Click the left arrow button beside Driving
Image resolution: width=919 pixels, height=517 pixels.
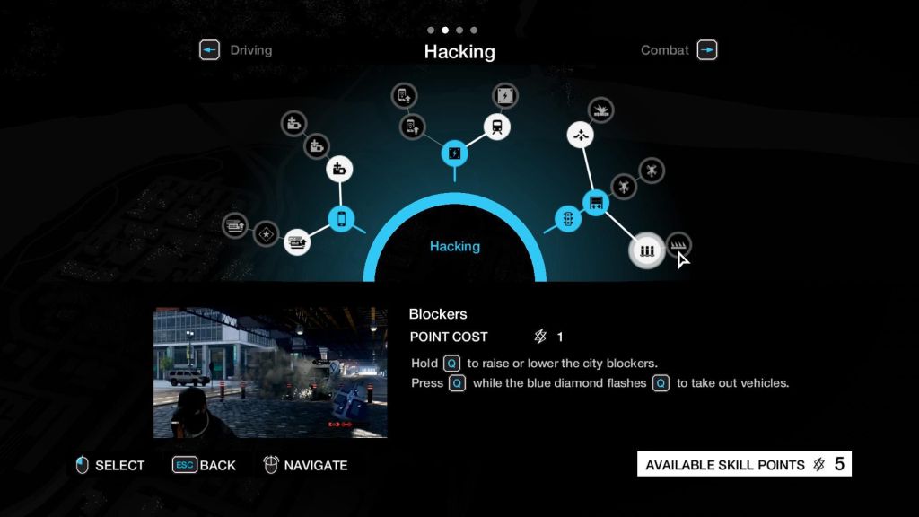pos(209,50)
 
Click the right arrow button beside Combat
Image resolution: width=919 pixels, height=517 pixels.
pos(707,50)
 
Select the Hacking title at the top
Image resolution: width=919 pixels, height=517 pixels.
pos(459,51)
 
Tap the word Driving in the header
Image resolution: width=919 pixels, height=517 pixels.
pos(251,50)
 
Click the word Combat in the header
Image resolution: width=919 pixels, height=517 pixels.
pos(665,50)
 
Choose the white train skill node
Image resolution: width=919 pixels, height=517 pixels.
pos(497,127)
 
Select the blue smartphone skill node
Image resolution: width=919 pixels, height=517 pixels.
pos(341,219)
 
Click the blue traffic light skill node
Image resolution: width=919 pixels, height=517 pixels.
pos(568,219)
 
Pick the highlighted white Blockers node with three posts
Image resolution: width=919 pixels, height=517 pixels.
pos(646,251)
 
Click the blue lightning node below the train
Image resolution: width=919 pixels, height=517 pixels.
pos(455,153)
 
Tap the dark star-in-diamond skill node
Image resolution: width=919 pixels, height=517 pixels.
pos(266,234)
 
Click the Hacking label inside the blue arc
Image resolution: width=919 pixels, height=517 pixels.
pos(455,246)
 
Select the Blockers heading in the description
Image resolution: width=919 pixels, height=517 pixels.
pos(438,314)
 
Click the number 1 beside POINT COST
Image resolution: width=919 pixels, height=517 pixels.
pos(560,337)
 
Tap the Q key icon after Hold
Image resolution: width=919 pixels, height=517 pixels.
pos(452,364)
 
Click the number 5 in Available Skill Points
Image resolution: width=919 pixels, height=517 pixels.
pos(839,464)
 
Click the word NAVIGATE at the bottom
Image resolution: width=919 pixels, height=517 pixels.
pos(316,466)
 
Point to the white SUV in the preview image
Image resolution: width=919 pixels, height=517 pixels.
pos(188,378)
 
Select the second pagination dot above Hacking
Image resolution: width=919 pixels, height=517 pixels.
pos(445,30)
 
